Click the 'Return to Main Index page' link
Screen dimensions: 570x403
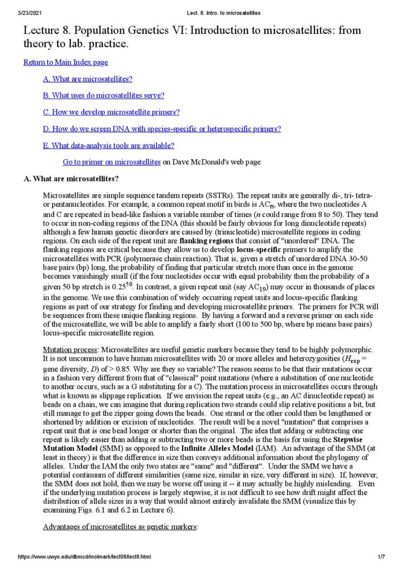[66, 62]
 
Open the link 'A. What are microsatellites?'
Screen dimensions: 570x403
[87, 79]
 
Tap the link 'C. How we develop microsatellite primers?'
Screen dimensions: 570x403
[111, 112]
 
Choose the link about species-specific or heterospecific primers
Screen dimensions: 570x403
[161, 129]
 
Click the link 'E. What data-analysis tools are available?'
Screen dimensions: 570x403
[109, 145]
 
